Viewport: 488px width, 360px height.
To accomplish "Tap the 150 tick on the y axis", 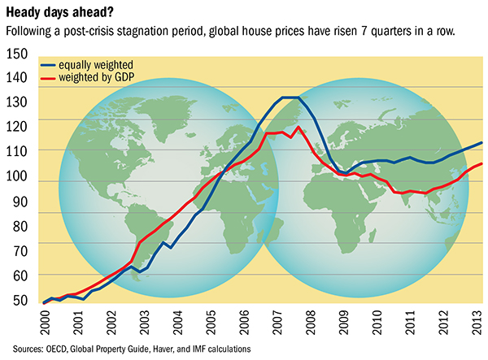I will tap(17, 54).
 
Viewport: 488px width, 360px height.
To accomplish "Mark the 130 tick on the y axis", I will tap(17, 103).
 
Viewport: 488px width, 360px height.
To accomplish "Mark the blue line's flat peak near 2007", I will tap(289, 98).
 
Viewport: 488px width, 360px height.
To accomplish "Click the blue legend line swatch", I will tap(51, 63).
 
